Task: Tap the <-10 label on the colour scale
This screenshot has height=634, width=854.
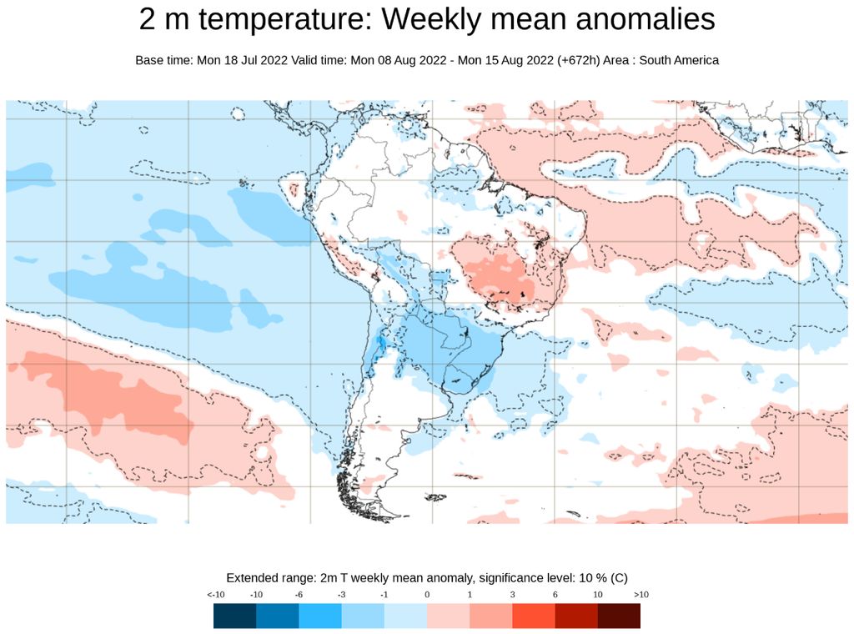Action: [x=215, y=595]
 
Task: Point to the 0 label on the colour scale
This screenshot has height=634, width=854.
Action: [x=427, y=595]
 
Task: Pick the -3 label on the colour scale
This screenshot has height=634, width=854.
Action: [x=342, y=595]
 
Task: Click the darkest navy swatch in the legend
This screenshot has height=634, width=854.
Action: [x=234, y=616]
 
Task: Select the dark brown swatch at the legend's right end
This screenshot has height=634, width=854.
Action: [x=619, y=616]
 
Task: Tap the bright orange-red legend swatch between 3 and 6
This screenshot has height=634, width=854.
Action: [x=533, y=616]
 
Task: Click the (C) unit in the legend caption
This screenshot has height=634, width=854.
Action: [x=619, y=578]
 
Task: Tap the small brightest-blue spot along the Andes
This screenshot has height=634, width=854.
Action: [x=380, y=343]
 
